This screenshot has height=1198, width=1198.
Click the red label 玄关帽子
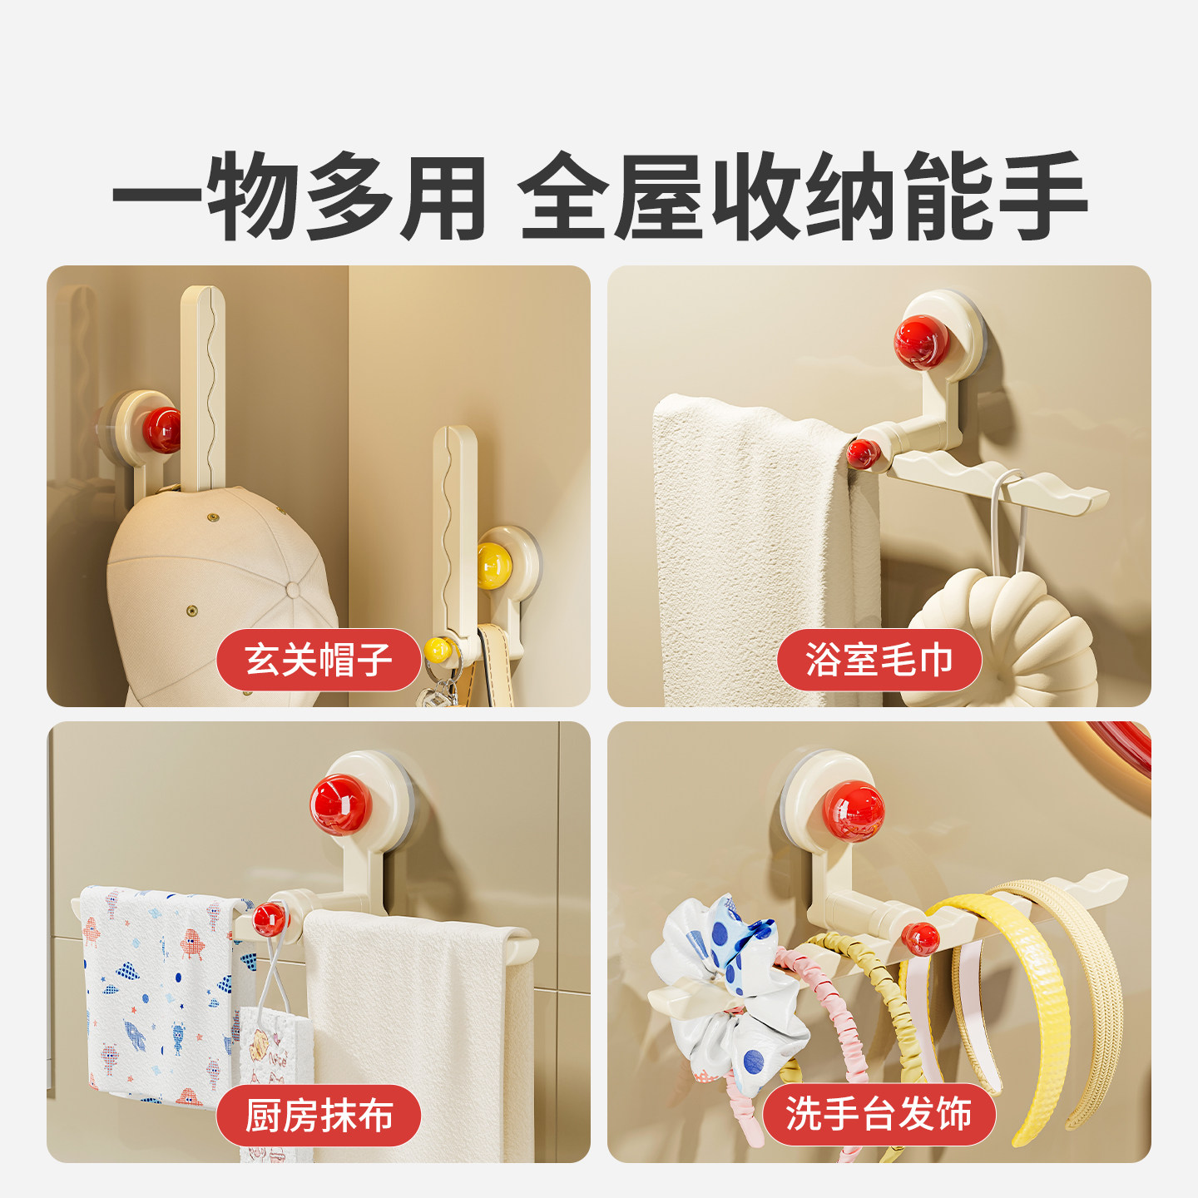tap(319, 660)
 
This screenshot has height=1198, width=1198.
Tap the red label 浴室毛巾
tap(879, 660)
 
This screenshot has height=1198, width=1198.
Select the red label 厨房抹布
tap(319, 1116)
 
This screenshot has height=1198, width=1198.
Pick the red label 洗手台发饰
tap(879, 1114)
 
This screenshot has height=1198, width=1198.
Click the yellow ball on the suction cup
tap(493, 566)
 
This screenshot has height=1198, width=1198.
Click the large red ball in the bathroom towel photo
tap(921, 342)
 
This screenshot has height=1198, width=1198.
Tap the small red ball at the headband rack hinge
tap(920, 938)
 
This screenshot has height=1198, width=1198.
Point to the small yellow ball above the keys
tap(438, 649)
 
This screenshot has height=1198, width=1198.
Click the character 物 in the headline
tap(253, 197)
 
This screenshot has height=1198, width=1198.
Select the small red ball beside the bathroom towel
tap(863, 453)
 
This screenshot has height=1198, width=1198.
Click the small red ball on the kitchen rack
tap(269, 918)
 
